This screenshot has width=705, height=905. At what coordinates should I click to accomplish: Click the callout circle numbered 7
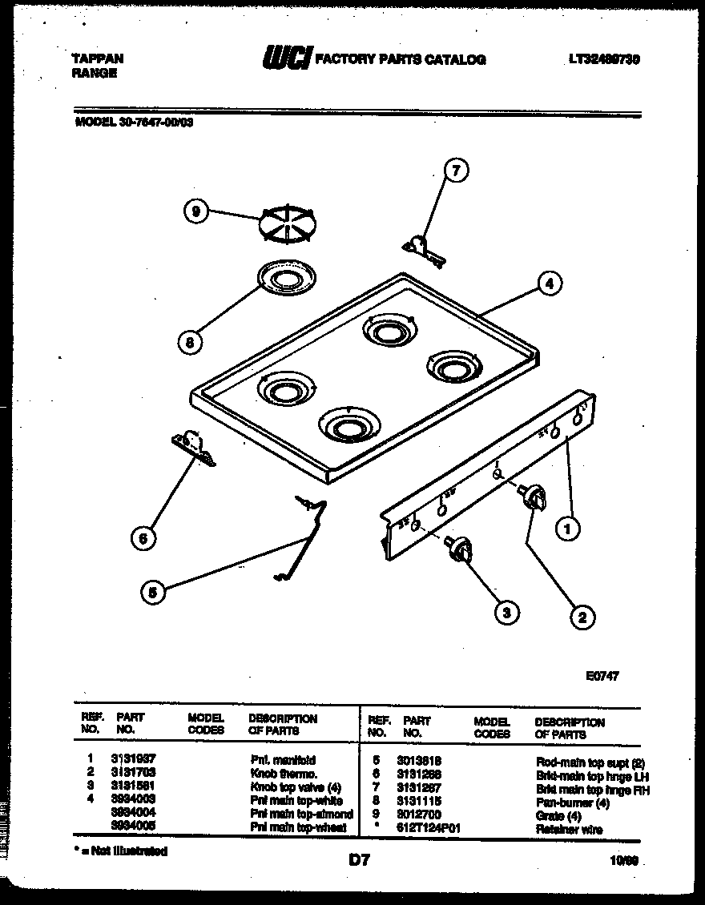click(456, 170)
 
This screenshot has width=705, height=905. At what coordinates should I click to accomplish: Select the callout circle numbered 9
click(195, 212)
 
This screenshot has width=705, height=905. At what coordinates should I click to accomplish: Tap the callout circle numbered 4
click(549, 282)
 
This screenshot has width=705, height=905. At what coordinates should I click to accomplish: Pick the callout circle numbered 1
click(568, 528)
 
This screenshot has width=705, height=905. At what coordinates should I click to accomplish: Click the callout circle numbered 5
click(152, 592)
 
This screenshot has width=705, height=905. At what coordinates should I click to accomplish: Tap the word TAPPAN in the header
click(98, 58)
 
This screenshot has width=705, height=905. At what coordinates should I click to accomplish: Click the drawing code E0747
click(602, 675)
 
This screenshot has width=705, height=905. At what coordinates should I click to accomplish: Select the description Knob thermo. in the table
click(283, 774)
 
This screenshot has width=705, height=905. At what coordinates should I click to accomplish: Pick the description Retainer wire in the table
click(569, 829)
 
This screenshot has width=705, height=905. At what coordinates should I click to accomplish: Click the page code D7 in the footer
click(357, 860)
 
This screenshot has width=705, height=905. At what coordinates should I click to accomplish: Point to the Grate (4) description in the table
click(558, 815)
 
